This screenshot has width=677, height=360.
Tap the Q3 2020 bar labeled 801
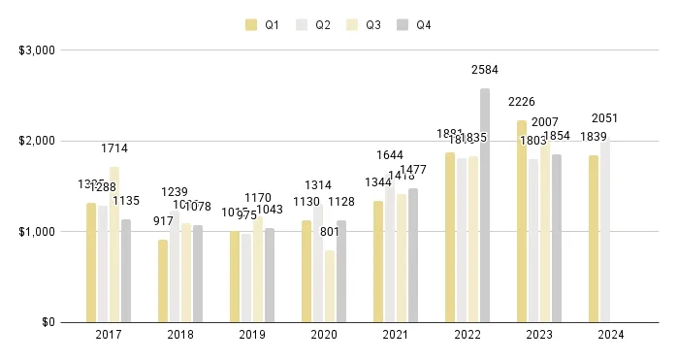330,286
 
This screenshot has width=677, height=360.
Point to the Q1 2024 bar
594,239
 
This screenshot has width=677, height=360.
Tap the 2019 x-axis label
252,335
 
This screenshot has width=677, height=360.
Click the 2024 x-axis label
611,335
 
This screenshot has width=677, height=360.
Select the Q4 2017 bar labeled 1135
126,271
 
